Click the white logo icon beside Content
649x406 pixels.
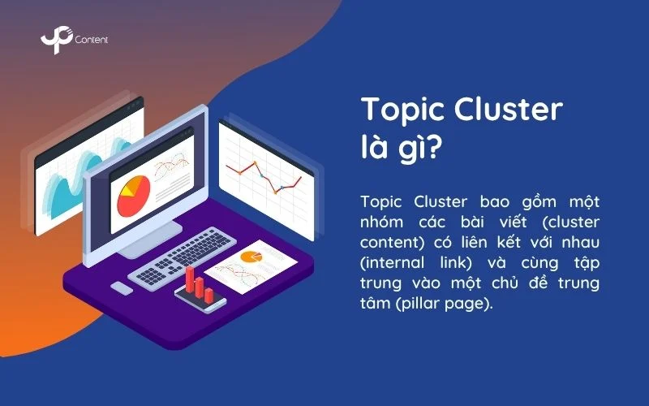point(53,41)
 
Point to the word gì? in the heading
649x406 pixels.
point(420,152)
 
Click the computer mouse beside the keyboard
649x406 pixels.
point(121,288)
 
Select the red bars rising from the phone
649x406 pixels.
point(199,285)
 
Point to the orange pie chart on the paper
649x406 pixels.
point(251,257)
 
